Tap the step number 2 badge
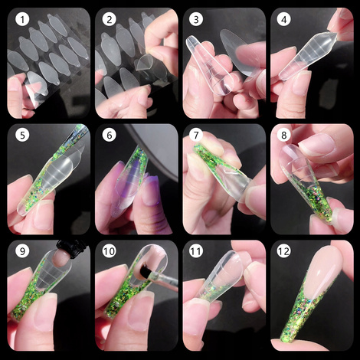click(x=109, y=21)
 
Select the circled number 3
click(x=197, y=21)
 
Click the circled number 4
click(x=284, y=21)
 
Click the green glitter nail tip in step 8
click(x=329, y=207)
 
